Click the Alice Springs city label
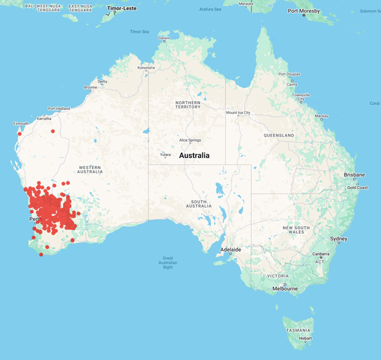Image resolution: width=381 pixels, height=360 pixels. click(190, 140)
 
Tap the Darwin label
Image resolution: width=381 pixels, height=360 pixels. click(164, 38)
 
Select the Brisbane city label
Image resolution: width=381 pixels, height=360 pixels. click(354, 175)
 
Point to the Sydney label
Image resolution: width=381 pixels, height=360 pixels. click(338, 239)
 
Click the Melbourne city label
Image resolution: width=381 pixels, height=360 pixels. click(285, 289)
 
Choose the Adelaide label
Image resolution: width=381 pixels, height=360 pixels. click(231, 250)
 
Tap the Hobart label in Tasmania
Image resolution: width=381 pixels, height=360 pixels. click(305, 338)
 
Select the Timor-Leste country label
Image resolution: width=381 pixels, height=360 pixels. click(122, 9)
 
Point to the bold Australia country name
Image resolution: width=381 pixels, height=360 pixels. click(199, 156)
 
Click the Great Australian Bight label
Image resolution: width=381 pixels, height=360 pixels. click(168, 262)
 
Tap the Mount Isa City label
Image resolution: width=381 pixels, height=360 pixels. click(238, 113)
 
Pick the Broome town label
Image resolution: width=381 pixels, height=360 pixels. click(90, 88)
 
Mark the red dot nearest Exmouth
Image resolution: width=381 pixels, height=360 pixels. click(20, 134)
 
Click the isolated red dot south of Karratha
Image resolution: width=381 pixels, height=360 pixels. click(53, 131)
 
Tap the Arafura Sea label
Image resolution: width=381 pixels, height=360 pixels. click(210, 10)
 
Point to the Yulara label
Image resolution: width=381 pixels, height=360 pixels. click(165, 154)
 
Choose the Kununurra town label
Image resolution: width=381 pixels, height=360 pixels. click(146, 67)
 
